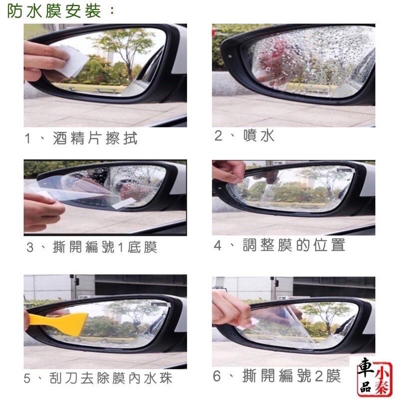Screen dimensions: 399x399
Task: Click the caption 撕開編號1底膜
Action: click(105, 247)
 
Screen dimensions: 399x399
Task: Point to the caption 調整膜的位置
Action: click(294, 245)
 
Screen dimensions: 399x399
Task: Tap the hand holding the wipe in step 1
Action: click(42, 60)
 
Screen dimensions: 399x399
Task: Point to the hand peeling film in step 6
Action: click(229, 309)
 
